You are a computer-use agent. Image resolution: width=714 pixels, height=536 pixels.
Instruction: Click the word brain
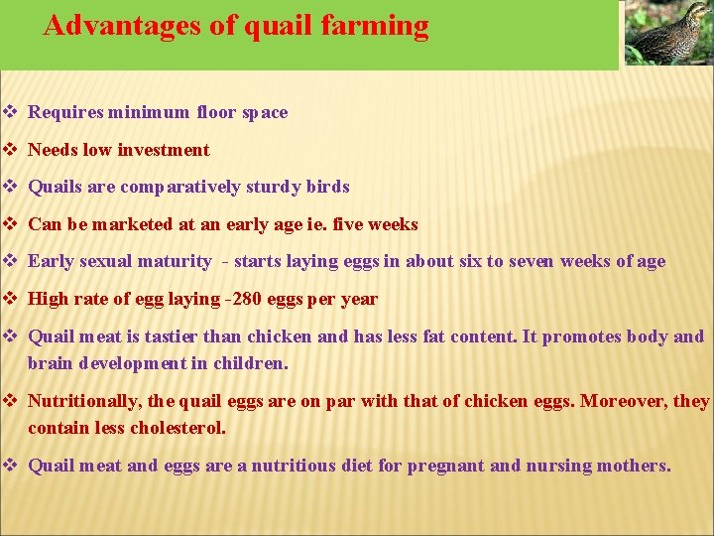tap(50, 363)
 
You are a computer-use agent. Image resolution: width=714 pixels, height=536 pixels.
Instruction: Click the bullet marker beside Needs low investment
tap(10, 150)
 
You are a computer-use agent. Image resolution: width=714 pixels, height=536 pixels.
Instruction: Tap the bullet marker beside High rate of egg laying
tap(10, 299)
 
